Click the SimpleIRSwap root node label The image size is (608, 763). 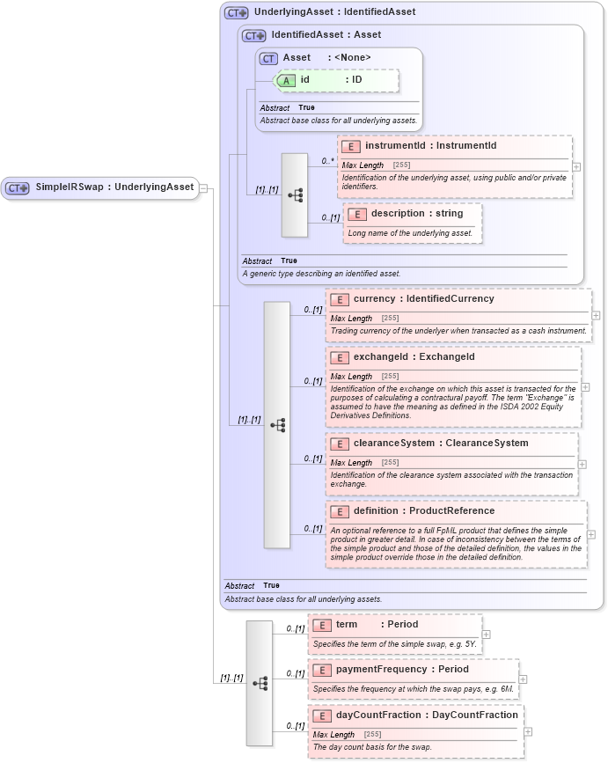click(x=114, y=187)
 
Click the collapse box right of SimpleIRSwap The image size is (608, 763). click(x=203, y=187)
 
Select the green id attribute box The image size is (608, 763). click(x=337, y=80)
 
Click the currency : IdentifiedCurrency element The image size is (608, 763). click(x=423, y=299)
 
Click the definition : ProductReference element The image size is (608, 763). click(x=423, y=511)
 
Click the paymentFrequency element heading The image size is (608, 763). click(x=402, y=670)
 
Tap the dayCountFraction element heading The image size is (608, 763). click(x=427, y=715)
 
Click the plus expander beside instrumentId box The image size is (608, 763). click(x=576, y=165)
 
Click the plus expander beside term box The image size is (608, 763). click(x=486, y=635)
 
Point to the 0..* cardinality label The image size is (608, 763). click(x=327, y=161)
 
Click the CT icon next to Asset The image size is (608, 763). click(x=268, y=58)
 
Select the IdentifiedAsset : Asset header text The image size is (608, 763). click(x=326, y=35)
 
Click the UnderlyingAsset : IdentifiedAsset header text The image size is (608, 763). click(x=334, y=12)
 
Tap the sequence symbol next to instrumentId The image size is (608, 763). click(x=295, y=194)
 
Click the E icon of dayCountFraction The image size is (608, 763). click(x=321, y=715)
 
